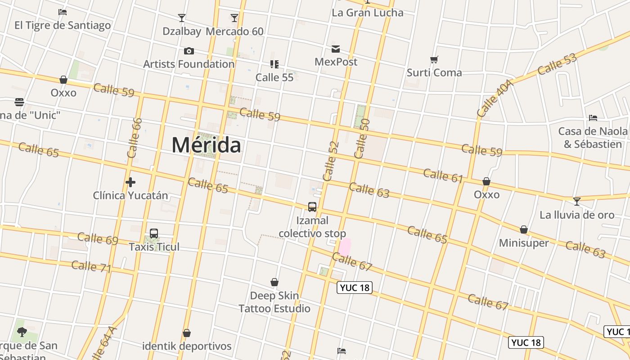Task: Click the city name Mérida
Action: [x=206, y=145]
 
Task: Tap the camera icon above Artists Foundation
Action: [x=189, y=51]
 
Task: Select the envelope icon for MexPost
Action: [x=336, y=49]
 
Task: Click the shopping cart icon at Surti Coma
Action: [x=434, y=59]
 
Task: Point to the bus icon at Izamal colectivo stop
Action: [x=312, y=207]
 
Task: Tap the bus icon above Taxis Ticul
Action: [x=154, y=234]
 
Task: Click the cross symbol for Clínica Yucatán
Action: [x=130, y=182]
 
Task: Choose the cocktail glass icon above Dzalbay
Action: [x=182, y=18]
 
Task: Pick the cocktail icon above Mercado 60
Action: [x=234, y=18]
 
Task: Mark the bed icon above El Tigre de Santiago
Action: [x=63, y=12]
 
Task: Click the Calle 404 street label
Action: [x=495, y=99]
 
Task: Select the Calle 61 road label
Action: [x=443, y=175]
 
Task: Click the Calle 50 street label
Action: [x=362, y=139]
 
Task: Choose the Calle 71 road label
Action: [x=91, y=266]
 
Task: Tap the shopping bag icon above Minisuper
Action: [x=524, y=229]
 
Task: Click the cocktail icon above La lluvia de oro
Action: [x=576, y=201]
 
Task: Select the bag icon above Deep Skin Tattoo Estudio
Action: [x=274, y=282]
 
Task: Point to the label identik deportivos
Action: [x=187, y=346]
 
